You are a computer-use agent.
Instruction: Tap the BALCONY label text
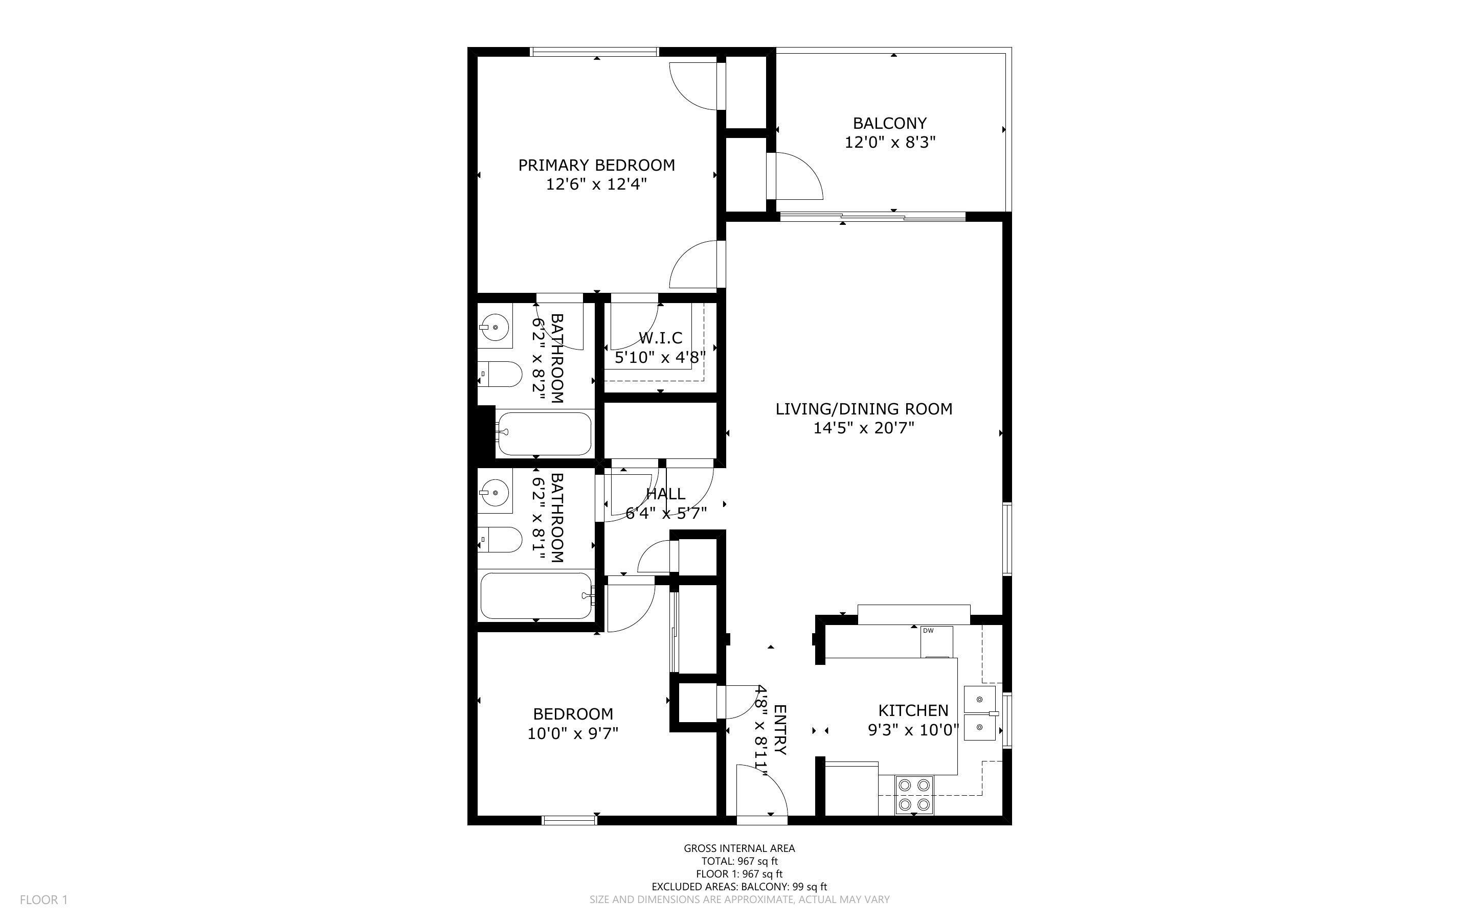click(x=889, y=124)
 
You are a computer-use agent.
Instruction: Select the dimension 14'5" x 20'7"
click(x=863, y=428)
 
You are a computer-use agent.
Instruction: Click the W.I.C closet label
click(x=660, y=338)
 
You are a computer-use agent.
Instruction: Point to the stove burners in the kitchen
click(x=914, y=794)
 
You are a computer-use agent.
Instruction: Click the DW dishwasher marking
click(x=928, y=631)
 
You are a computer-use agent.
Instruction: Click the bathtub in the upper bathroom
click(x=544, y=434)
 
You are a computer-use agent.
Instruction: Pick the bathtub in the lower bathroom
click(x=536, y=595)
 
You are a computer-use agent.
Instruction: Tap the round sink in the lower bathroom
click(x=495, y=491)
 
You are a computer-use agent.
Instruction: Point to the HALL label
click(x=665, y=494)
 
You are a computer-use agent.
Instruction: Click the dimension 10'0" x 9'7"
click(x=573, y=733)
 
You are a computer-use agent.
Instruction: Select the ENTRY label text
click(x=780, y=730)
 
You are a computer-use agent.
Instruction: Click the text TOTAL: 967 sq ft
click(x=739, y=861)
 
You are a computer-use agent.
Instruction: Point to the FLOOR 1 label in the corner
click(x=43, y=899)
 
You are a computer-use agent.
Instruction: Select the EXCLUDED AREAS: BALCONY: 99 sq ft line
click(x=739, y=887)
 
